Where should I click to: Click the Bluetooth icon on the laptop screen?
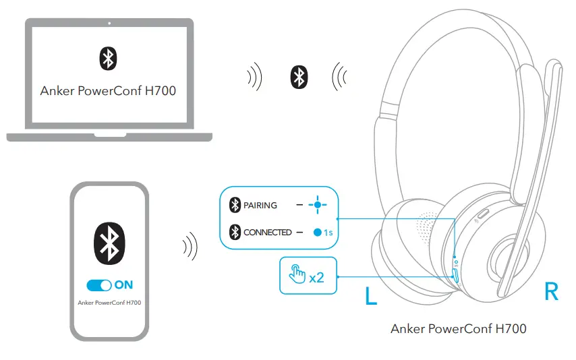coord(108,59)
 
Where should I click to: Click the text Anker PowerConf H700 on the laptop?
coord(108,90)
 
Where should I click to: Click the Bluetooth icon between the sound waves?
coord(298,77)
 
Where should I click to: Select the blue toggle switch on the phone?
coord(99,285)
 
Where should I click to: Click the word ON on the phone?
coord(124,285)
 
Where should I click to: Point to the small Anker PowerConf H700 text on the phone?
coord(109,303)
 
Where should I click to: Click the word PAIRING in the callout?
coord(260,205)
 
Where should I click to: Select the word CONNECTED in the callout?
coord(267,233)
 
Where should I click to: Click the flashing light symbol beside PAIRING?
coord(316,205)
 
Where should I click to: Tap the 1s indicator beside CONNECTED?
coord(323,233)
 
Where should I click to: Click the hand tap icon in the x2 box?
coord(297,275)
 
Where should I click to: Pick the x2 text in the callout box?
coord(316,276)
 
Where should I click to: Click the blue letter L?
coord(371,297)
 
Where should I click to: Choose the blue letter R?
coord(551,292)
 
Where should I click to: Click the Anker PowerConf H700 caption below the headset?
coord(458,329)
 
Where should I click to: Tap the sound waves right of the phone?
coord(190,247)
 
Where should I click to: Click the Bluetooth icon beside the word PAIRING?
coord(235,205)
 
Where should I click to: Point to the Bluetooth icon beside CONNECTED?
coord(235,233)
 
